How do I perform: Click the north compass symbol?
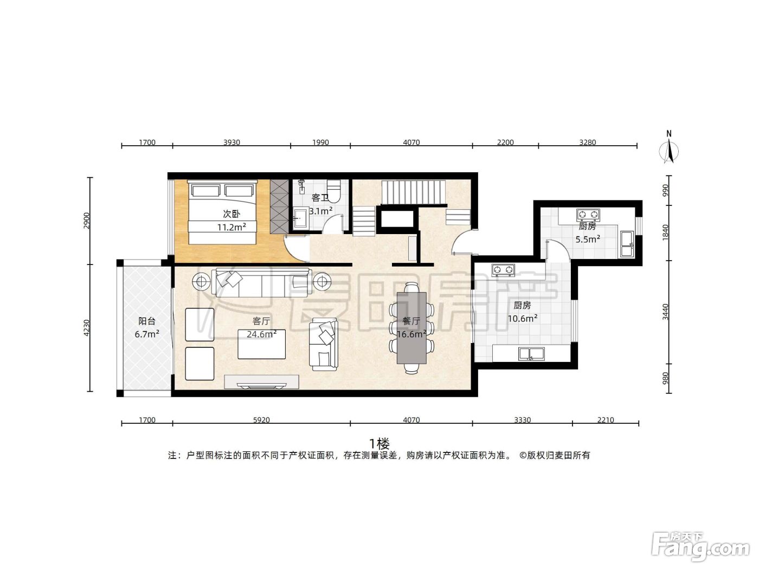669,147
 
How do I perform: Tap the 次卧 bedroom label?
231,214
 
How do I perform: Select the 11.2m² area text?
231,227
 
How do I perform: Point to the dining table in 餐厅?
411,327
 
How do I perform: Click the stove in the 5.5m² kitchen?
588,215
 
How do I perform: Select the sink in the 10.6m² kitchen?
531,354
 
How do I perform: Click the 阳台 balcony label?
146,321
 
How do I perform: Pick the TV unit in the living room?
261,382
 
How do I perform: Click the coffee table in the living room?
261,344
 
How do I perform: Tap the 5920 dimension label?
261,420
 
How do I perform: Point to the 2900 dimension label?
86,221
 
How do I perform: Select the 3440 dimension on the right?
666,312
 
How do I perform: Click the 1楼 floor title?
379,444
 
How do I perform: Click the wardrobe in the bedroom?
279,206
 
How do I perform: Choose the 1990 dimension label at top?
320,143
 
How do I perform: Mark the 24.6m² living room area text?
261,334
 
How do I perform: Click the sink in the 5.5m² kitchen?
627,244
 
